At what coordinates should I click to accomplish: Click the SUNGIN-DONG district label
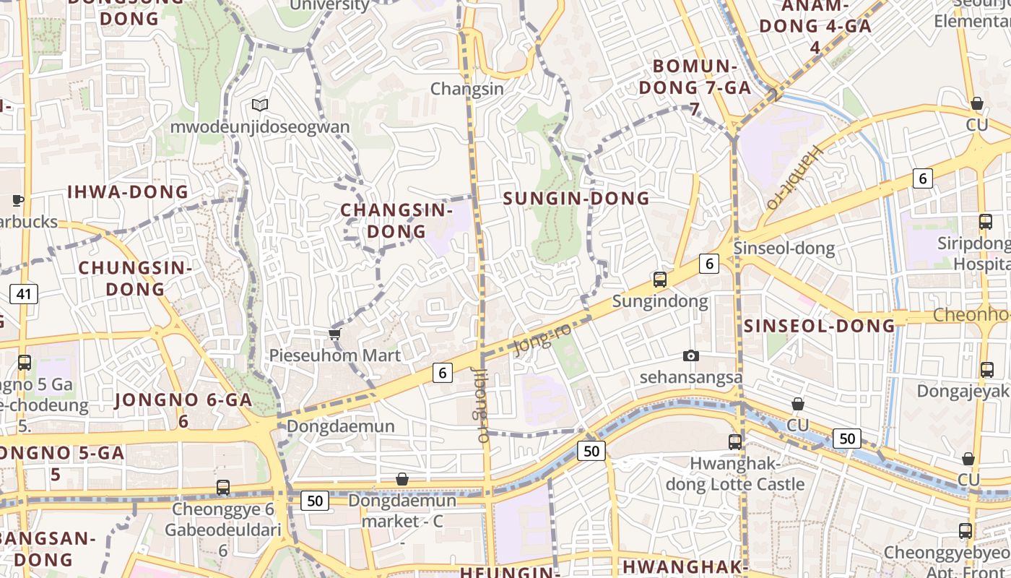pyautogui.click(x=576, y=199)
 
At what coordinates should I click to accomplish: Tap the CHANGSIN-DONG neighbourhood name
pyautogui.click(x=396, y=220)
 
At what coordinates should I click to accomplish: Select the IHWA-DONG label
pyautogui.click(x=128, y=192)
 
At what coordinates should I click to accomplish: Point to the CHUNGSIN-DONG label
pyautogui.click(x=135, y=278)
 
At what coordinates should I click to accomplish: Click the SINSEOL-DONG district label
pyautogui.click(x=819, y=326)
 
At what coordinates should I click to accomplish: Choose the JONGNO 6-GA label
pyautogui.click(x=183, y=410)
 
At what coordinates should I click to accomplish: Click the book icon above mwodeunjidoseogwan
pyautogui.click(x=260, y=105)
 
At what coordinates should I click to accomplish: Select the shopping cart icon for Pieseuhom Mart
pyautogui.click(x=334, y=334)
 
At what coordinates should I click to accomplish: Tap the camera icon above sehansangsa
pyautogui.click(x=691, y=355)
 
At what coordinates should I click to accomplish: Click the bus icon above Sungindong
pyautogui.click(x=659, y=280)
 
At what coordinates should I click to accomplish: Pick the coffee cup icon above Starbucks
pyautogui.click(x=18, y=200)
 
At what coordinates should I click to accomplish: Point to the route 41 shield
pyautogui.click(x=24, y=294)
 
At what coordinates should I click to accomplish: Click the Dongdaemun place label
pyautogui.click(x=341, y=426)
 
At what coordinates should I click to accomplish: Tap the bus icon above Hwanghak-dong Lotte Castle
pyautogui.click(x=735, y=441)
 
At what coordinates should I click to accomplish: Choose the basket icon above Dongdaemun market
pyautogui.click(x=402, y=479)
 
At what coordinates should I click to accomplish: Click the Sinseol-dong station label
pyautogui.click(x=784, y=249)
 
